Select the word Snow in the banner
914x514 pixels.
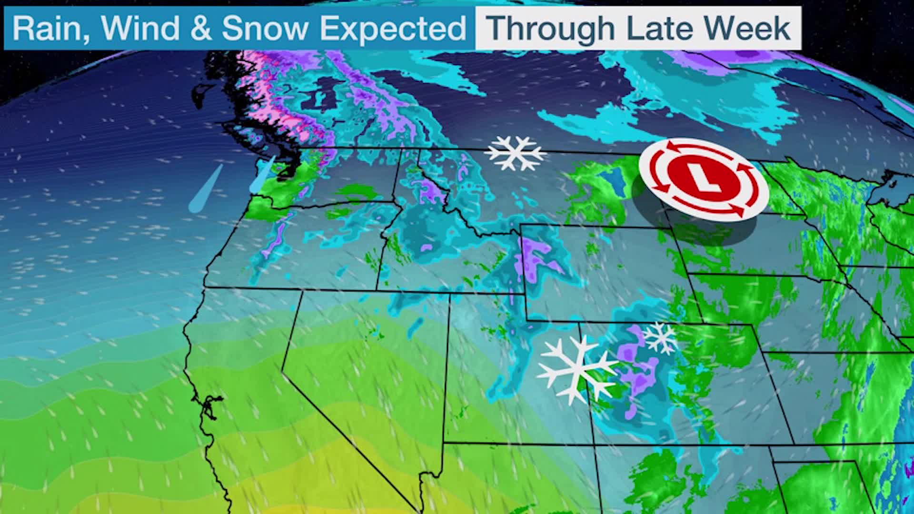point(265,28)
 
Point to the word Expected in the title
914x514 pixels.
point(393,29)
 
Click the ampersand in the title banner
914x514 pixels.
point(200,28)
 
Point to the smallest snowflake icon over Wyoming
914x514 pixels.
point(660,337)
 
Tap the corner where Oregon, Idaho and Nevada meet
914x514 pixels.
point(377,290)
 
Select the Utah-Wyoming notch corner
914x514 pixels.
point(526,320)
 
